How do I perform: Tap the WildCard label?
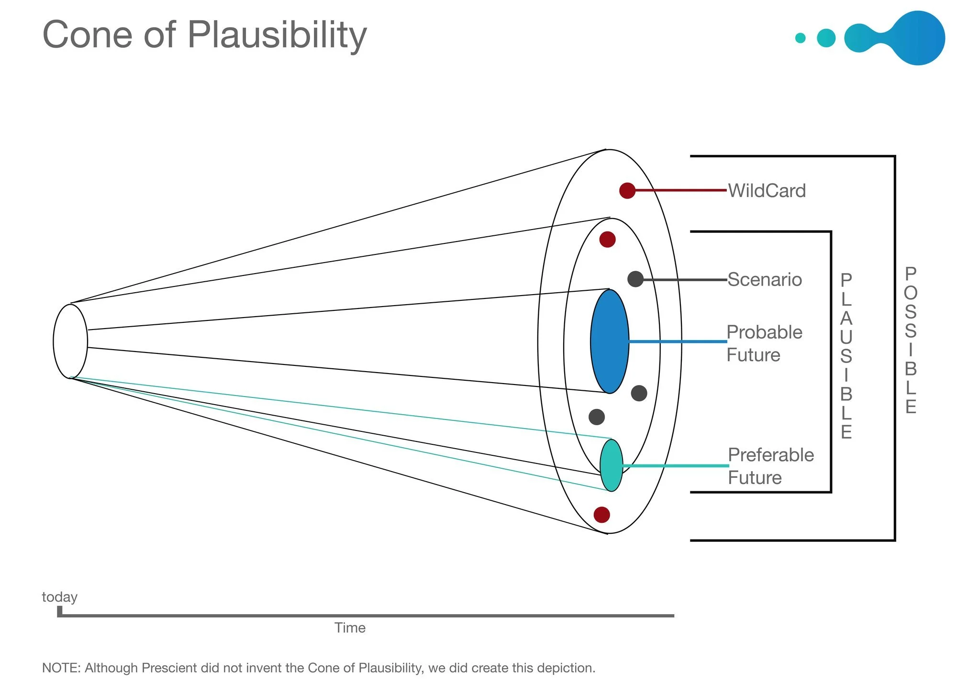(x=767, y=191)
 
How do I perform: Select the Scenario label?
(x=764, y=280)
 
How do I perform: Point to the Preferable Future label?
(x=770, y=466)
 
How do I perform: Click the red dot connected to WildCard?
(x=627, y=190)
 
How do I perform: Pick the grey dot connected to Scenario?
(x=635, y=279)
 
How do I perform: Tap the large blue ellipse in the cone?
(x=610, y=341)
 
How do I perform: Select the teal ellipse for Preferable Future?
(x=611, y=465)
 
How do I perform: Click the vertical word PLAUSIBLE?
(x=846, y=356)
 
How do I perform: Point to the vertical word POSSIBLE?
(x=910, y=340)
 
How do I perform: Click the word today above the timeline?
(x=59, y=597)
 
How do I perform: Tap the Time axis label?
(x=350, y=628)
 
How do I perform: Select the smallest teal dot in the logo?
(x=800, y=38)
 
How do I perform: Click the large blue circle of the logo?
(x=918, y=38)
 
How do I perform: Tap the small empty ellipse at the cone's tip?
(x=70, y=341)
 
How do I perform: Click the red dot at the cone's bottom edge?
(x=601, y=515)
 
